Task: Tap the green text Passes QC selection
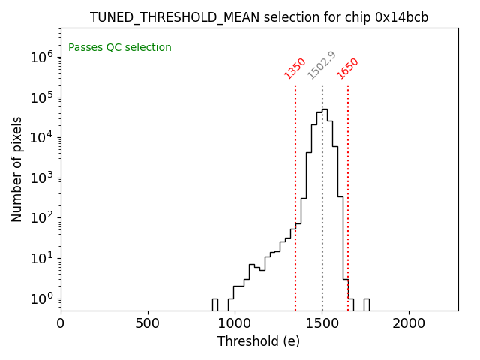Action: [x=120, y=48]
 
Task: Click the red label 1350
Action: [x=295, y=68]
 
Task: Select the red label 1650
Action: [x=347, y=68]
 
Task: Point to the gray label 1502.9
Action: [x=322, y=65]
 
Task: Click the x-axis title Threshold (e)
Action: [x=259, y=341]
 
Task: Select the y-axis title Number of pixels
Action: [x=17, y=169]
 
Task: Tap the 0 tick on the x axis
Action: [x=61, y=323]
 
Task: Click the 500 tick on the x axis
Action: [x=148, y=323]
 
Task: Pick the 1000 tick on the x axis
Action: [x=235, y=323]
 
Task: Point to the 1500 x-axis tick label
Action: [x=322, y=323]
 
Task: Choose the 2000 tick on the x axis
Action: [x=409, y=323]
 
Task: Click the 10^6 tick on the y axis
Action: [x=40, y=57]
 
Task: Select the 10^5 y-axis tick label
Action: [x=40, y=97]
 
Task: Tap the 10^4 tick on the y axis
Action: [x=40, y=137]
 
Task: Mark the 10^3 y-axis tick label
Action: [x=40, y=178]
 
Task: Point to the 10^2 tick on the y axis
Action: [x=40, y=218]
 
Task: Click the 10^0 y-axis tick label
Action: [x=40, y=298]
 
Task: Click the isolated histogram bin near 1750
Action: [x=366, y=304]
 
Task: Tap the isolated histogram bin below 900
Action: [x=214, y=304]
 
